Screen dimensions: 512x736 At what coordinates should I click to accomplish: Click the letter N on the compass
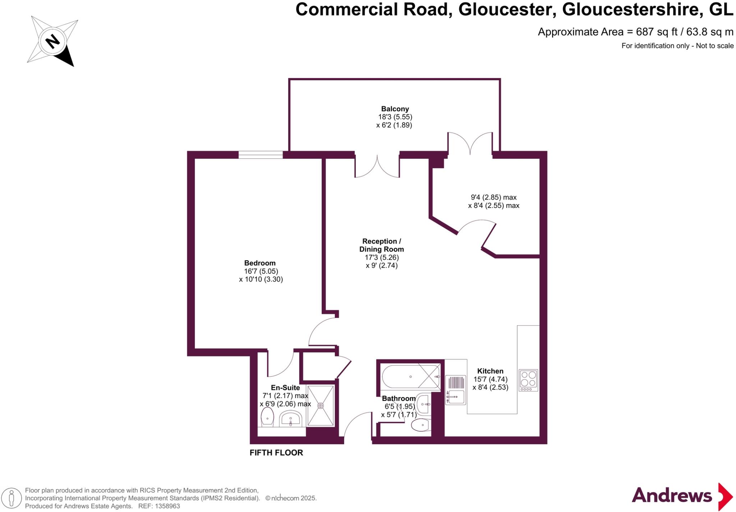pyautogui.click(x=53, y=41)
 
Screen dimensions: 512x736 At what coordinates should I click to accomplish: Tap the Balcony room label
pyautogui.click(x=395, y=109)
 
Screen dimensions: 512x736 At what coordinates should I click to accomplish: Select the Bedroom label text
pyautogui.click(x=259, y=263)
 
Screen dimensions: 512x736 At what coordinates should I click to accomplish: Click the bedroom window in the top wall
pyautogui.click(x=261, y=155)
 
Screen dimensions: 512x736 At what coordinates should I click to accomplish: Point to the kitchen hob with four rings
pyautogui.click(x=528, y=380)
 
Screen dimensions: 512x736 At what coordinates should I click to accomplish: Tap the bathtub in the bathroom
pyautogui.click(x=410, y=377)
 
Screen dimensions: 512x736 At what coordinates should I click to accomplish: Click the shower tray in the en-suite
pyautogui.click(x=321, y=405)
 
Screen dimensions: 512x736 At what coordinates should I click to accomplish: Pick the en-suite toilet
pyautogui.click(x=267, y=417)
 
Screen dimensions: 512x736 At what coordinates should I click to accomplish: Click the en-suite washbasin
pyautogui.click(x=290, y=419)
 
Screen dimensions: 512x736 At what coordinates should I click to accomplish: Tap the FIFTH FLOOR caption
pyautogui.click(x=276, y=453)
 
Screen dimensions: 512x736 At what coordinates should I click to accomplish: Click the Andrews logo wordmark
pyautogui.click(x=671, y=495)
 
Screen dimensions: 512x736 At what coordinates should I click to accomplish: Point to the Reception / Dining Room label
pyautogui.click(x=381, y=245)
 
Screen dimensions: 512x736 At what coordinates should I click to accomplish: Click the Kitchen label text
pyautogui.click(x=490, y=371)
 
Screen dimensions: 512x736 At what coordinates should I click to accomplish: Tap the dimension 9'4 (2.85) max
pyautogui.click(x=493, y=197)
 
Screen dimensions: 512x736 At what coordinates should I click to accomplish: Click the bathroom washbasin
pyautogui.click(x=424, y=404)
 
